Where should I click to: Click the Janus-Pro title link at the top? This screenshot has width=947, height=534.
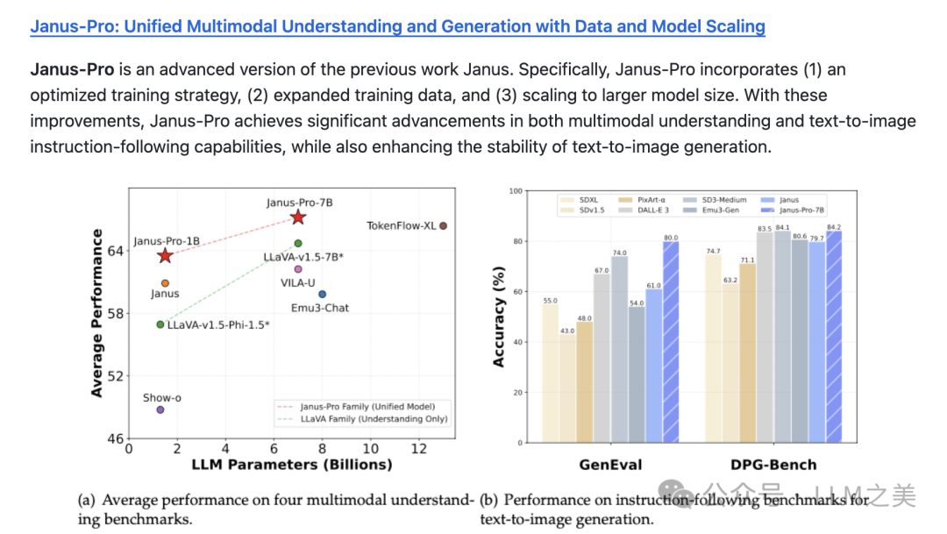(x=397, y=26)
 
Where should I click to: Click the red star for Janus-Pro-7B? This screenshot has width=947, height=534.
(x=298, y=217)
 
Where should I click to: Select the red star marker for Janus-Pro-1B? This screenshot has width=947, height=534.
(x=165, y=256)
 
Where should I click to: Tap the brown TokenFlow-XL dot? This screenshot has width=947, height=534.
(x=443, y=226)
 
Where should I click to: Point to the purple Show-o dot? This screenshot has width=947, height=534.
(x=160, y=409)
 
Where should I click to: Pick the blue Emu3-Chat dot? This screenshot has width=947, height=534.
(x=322, y=295)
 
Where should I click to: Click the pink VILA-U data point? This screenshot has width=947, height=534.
(x=298, y=269)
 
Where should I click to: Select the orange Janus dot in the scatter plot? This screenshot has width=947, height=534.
(x=165, y=283)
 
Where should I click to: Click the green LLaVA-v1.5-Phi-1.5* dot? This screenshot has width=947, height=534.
(x=160, y=324)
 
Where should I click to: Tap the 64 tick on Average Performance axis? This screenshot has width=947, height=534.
(x=117, y=251)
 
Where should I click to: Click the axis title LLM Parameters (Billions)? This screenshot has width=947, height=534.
(x=292, y=464)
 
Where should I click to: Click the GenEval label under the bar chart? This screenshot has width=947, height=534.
(x=610, y=465)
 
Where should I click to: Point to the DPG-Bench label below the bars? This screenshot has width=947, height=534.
(x=773, y=465)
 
